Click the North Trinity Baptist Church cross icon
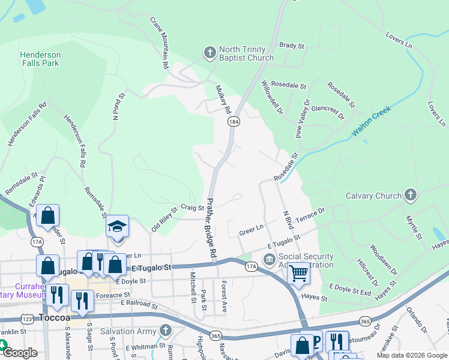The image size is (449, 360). pyautogui.click(x=209, y=53)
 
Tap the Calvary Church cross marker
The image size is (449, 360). pyautogui.click(x=410, y=195)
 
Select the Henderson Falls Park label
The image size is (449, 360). pyautogui.click(x=40, y=59)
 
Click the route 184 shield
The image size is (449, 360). pyautogui.click(x=234, y=122)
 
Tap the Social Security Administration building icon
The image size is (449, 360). pyautogui.click(x=269, y=260)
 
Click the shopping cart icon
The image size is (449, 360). pyautogui.click(x=298, y=273)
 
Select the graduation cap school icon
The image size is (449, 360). pyautogui.click(x=118, y=226)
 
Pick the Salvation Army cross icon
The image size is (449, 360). pyautogui.click(x=165, y=331)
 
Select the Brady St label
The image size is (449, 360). pyautogui.click(x=292, y=45)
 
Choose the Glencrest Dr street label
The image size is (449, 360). pyautogui.click(x=328, y=112)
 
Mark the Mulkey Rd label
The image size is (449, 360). pyautogui.click(x=223, y=100)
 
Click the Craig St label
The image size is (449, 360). pyautogui.click(x=193, y=208)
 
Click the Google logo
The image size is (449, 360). pyautogui.click(x=20, y=353)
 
